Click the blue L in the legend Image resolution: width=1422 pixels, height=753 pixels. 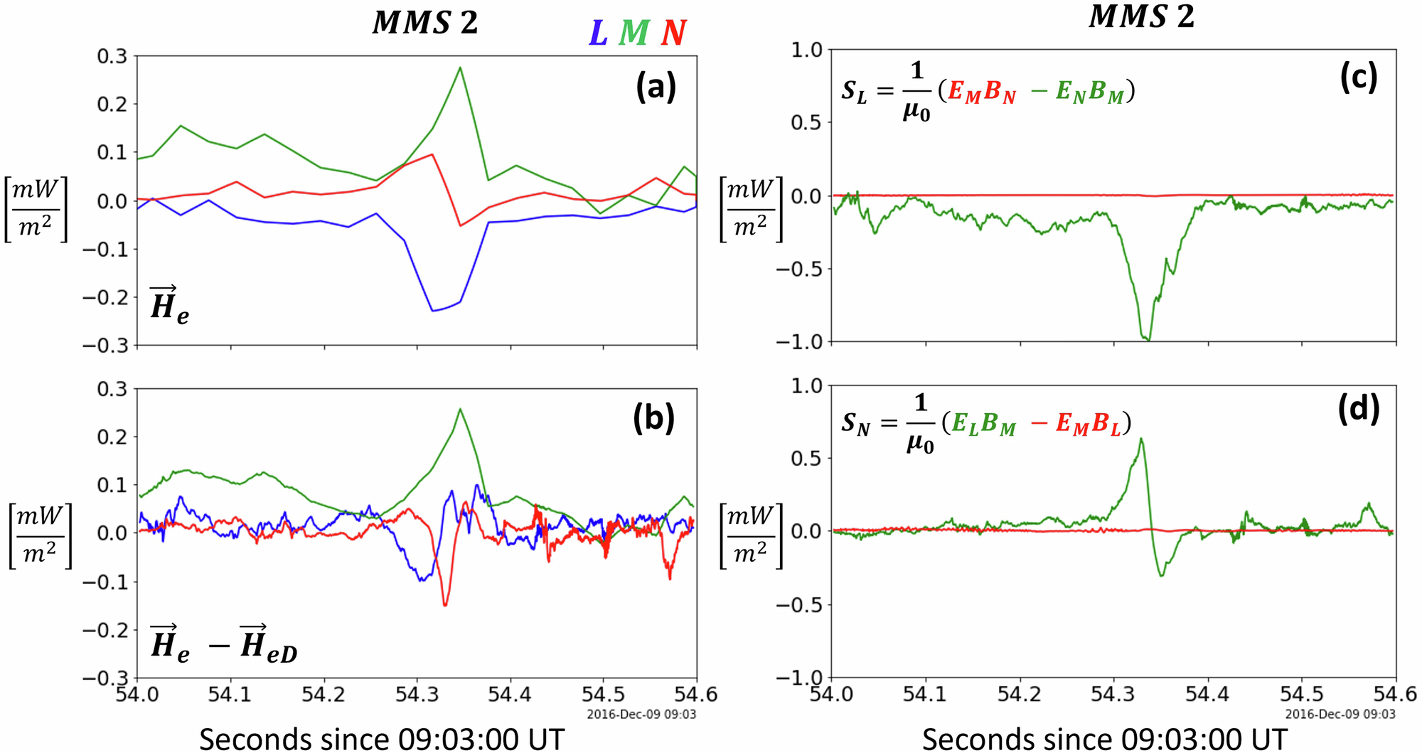[598, 33]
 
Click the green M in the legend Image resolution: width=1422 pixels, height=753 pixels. [634, 33]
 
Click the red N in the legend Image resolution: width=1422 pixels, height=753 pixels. [673, 33]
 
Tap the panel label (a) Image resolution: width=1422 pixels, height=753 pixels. [656, 88]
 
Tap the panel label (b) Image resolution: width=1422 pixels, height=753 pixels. [653, 419]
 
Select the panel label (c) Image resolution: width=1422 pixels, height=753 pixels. [1358, 78]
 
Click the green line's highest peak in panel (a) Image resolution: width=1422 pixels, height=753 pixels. [461, 68]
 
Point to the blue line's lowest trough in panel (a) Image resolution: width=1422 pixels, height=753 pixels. [433, 311]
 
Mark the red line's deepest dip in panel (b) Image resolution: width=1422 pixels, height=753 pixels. [445, 605]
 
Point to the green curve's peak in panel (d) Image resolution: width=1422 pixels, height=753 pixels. [1140, 439]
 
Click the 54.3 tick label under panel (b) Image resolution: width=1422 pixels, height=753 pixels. [417, 694]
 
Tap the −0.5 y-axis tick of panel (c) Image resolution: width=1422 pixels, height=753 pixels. [798, 269]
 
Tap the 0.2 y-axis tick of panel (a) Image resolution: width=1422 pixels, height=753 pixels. [112, 104]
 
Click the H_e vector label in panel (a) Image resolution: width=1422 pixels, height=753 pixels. [169, 305]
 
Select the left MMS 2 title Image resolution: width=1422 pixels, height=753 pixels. [425, 23]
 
